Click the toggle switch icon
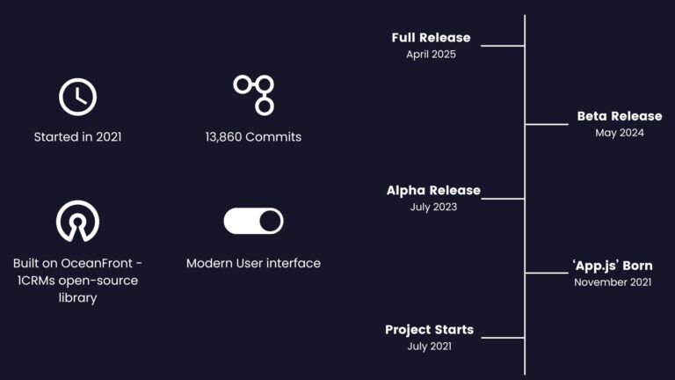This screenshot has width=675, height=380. [x=253, y=221]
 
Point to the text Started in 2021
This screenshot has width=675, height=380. [x=78, y=137]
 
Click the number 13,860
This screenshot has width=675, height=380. [x=224, y=137]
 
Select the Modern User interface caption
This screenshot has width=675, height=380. [x=253, y=263]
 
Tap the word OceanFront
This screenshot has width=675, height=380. [x=97, y=263]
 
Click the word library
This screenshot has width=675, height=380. [x=78, y=297]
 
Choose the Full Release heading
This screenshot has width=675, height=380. [x=431, y=38]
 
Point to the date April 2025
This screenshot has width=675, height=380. [x=431, y=55]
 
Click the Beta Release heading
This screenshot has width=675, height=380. [x=620, y=116]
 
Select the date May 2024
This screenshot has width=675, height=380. [x=620, y=133]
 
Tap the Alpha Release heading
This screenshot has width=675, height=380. [x=433, y=190]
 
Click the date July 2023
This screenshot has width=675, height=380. [x=433, y=207]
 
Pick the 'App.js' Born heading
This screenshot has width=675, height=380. [x=613, y=266]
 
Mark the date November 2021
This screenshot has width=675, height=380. [x=613, y=282]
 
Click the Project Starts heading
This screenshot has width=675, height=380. [x=429, y=330]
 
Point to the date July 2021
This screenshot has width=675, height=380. [x=429, y=347]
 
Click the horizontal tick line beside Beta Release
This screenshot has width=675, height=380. [x=547, y=125]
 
